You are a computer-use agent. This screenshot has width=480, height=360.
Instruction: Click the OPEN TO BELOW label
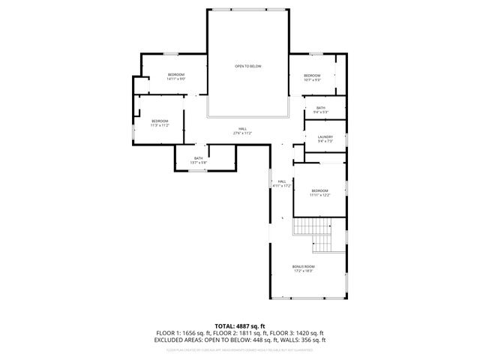[247, 67]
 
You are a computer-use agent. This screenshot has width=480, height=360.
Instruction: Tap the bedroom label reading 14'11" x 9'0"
[176, 76]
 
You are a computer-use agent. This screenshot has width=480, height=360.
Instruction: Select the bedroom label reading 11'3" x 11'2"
[160, 124]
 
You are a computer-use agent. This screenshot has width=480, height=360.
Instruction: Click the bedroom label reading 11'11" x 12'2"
[320, 192]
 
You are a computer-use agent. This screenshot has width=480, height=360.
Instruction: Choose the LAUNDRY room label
[325, 139]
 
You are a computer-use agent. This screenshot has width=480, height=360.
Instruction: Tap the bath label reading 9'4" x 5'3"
[321, 110]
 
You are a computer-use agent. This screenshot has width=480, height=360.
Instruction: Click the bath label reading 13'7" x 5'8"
[199, 160]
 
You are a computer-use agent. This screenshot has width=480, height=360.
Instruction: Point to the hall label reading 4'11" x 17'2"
[282, 184]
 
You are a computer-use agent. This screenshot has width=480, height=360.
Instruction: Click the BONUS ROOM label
[303, 268]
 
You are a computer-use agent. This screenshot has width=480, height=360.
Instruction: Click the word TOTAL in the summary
[222, 325]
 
